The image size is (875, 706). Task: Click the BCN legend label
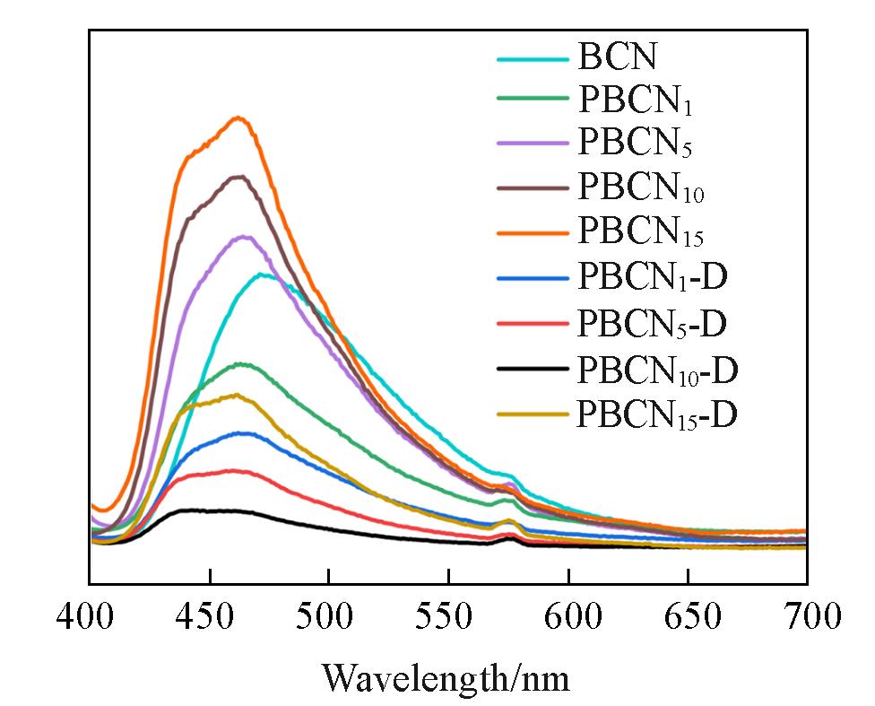(x=618, y=57)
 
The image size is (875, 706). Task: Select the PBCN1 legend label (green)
(x=637, y=101)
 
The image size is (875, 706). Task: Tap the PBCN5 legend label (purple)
(x=637, y=144)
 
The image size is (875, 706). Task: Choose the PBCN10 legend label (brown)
(x=642, y=188)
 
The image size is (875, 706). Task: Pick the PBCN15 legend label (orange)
(x=642, y=232)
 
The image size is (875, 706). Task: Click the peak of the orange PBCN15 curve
(x=238, y=118)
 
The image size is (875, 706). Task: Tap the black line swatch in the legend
(x=533, y=368)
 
